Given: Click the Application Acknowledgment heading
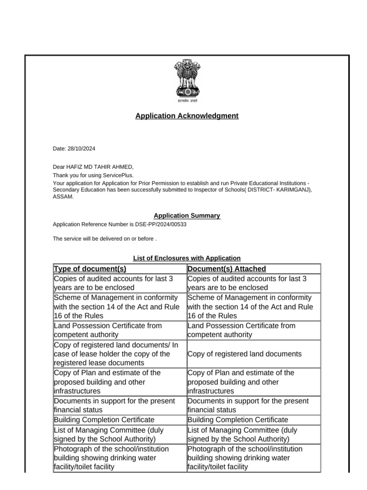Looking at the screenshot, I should coord(186,116).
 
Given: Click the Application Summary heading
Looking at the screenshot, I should coord(186,216).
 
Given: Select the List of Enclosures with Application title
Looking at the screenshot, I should coord(186,258).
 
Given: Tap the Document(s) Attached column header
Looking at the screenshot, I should coord(227,269).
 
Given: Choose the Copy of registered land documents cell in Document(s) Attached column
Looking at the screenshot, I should coord(244,354).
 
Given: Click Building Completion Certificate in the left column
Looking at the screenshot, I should coord(104,420).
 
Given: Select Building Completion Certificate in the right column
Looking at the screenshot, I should coord(237,420).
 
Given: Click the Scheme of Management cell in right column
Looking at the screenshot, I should coord(250,307).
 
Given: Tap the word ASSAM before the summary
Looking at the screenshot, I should coord(63,197).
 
